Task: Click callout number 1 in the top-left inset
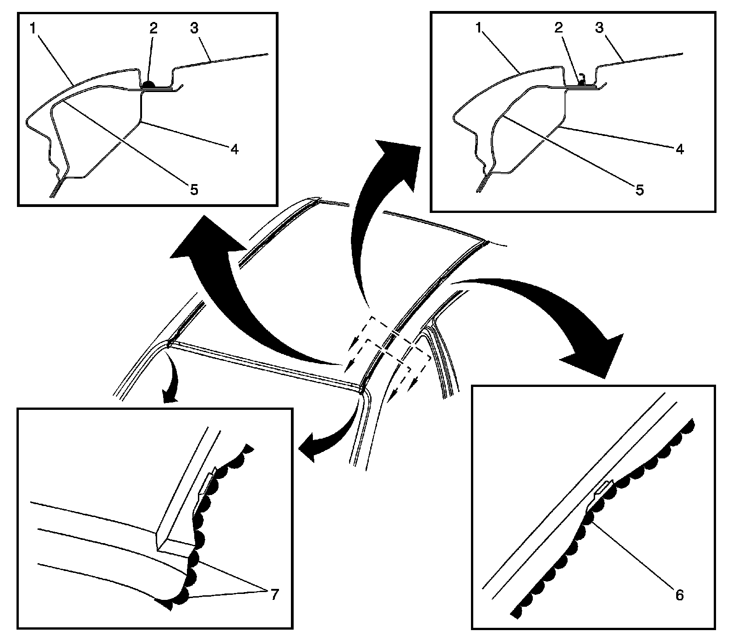[33, 28]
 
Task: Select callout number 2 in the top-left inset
[153, 28]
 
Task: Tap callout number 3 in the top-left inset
[194, 28]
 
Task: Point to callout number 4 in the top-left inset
[235, 149]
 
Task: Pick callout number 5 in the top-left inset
[194, 189]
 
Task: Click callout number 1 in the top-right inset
[479, 28]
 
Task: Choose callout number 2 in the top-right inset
[558, 28]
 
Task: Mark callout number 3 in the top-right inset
[599, 28]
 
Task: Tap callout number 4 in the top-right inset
[680, 149]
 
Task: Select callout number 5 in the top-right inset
[640, 189]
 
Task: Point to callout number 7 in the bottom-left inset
[274, 595]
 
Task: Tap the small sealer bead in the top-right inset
[581, 82]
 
